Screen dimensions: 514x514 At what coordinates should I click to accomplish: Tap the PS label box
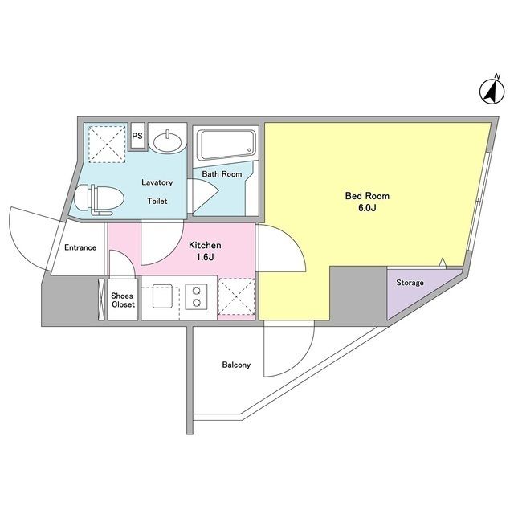tap(137, 136)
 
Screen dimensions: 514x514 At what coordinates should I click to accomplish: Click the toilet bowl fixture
tap(98, 199)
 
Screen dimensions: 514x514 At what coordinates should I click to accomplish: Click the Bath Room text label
tap(222, 174)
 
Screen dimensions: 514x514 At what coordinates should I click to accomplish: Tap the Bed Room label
tap(367, 196)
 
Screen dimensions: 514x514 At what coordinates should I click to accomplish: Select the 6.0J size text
tap(367, 208)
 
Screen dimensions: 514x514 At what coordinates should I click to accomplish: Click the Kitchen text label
tap(205, 245)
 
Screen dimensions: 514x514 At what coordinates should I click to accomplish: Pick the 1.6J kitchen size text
tap(206, 257)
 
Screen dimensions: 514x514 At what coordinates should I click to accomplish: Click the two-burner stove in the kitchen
tap(196, 296)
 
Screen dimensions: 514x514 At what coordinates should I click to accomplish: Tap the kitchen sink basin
tap(162, 296)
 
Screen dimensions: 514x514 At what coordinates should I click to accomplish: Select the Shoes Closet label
tap(123, 300)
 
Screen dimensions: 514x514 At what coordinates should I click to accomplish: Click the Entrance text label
tap(80, 247)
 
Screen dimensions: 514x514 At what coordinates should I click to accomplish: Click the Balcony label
tap(236, 365)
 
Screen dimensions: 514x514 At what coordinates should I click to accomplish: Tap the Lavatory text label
tap(157, 182)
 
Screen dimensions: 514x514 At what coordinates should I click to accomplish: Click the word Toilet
tap(157, 201)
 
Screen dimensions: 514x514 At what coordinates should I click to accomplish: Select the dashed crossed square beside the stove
tap(236, 296)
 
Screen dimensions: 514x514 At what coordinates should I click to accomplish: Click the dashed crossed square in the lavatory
tap(108, 145)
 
